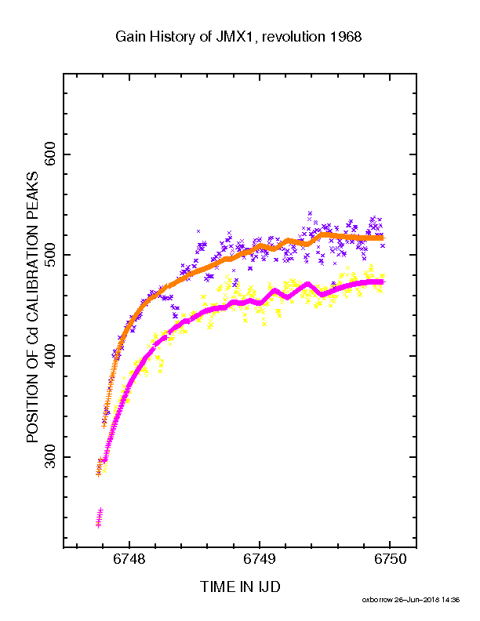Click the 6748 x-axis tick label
pos(129,559)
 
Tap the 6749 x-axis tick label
pos(260,559)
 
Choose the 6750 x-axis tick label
pos(390,559)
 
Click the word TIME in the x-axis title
pos(216,587)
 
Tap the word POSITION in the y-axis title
pos(32,407)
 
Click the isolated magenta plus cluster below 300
pos(100,517)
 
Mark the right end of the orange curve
pos(383,238)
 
